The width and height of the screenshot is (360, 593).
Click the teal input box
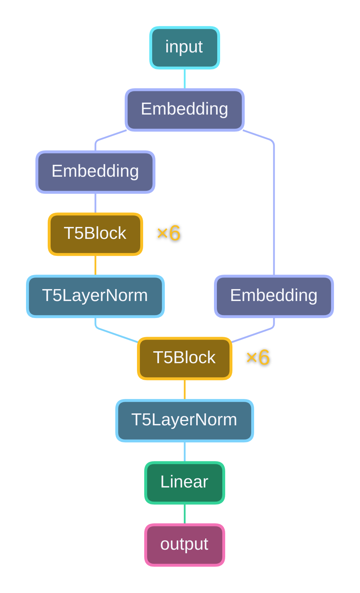pyautogui.click(x=185, y=48)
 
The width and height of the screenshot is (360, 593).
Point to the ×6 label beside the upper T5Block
pyautogui.click(x=168, y=233)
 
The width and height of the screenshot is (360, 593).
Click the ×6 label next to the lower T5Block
pyautogui.click(x=258, y=358)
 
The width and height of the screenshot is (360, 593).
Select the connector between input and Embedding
pyautogui.click(x=185, y=79)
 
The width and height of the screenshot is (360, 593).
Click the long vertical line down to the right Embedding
pyautogui.click(x=274, y=210)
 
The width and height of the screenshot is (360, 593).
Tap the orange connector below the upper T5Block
pyautogui.click(x=95, y=265)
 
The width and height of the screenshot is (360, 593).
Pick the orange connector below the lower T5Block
pyautogui.click(x=185, y=390)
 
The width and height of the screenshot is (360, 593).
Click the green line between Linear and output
pyautogui.click(x=185, y=514)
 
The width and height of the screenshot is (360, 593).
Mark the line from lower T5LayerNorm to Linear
pyautogui.click(x=185, y=452)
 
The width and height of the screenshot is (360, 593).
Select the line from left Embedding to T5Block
pyautogui.click(x=95, y=203)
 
